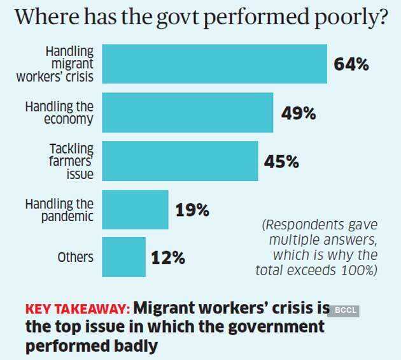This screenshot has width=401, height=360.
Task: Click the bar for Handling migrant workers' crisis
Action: click(x=215, y=64)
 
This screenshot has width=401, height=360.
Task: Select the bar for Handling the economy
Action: click(x=188, y=112)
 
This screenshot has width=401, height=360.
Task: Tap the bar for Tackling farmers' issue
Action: click(x=180, y=161)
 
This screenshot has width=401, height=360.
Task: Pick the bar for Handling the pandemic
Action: click(x=135, y=209)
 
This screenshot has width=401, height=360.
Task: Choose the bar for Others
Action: click(x=123, y=257)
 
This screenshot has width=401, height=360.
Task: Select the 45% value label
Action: click(x=281, y=162)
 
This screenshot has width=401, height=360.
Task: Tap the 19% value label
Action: click(x=192, y=210)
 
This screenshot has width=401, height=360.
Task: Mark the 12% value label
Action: click(x=169, y=258)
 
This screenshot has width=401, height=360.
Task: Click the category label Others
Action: click(x=76, y=257)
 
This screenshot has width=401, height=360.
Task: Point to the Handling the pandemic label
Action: click(x=59, y=210)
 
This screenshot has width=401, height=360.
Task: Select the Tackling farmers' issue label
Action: click(x=71, y=161)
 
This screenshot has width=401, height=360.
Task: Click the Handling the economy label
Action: click(x=59, y=112)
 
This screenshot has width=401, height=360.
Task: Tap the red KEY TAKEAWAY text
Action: click(x=78, y=309)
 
